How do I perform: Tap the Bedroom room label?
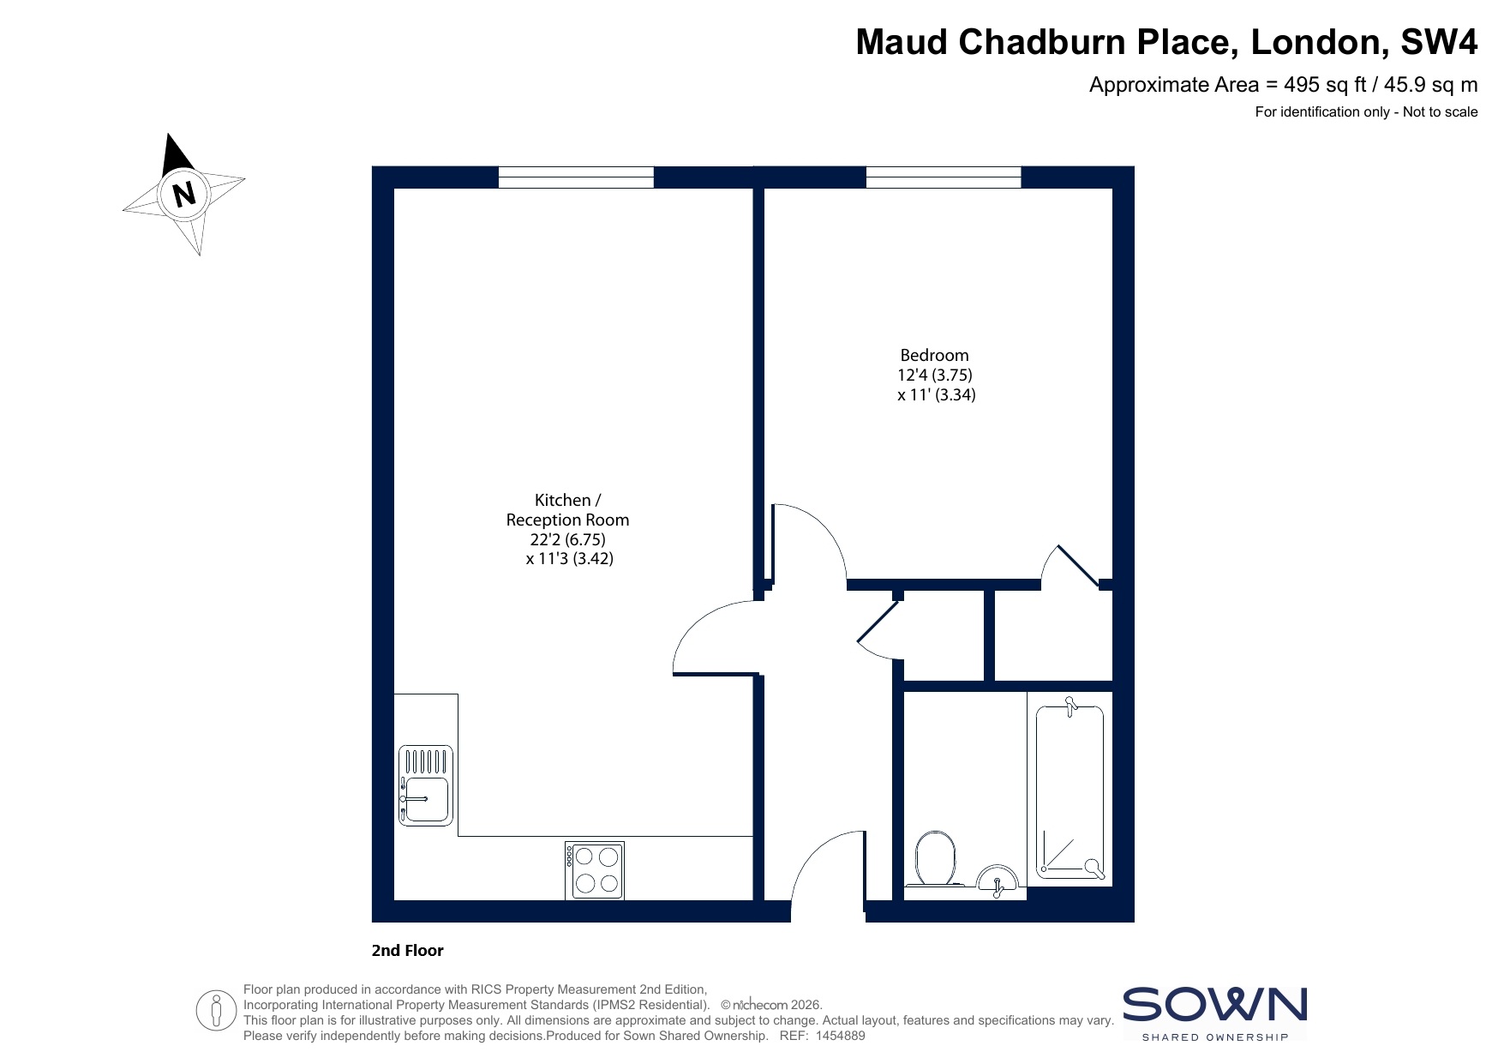click(934, 355)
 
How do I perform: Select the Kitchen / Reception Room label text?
click(567, 510)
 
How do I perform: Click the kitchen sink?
click(426, 785)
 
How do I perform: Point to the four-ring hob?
click(595, 870)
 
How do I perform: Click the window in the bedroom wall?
click(944, 177)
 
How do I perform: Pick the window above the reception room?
click(576, 177)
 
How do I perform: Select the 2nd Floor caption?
click(408, 950)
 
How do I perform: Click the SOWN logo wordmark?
click(1215, 1004)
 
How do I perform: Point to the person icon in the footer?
click(216, 1011)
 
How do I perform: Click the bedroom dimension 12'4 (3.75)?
click(934, 375)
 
